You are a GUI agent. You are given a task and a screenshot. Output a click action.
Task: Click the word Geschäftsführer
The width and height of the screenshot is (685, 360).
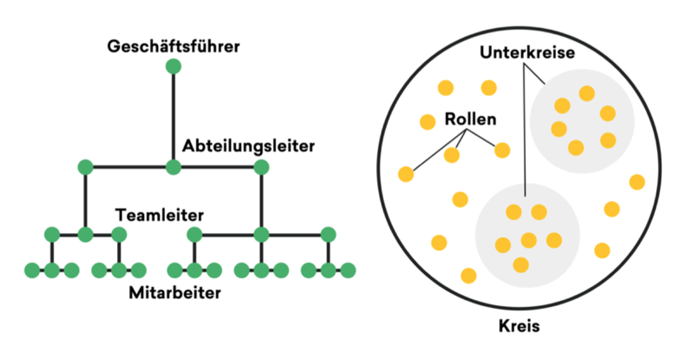[174, 46]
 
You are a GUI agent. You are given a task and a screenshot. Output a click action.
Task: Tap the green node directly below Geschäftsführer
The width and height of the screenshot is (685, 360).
[174, 66]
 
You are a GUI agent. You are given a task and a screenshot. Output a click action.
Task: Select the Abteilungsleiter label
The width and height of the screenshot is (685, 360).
[248, 146]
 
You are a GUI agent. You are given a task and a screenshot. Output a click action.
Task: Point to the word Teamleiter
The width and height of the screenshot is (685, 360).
[159, 215]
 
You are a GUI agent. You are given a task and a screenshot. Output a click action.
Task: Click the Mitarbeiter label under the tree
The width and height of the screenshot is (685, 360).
[174, 293]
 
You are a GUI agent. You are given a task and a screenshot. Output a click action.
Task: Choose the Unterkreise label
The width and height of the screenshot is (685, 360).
[527, 53]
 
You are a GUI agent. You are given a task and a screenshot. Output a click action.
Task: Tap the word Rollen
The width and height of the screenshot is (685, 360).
[470, 119]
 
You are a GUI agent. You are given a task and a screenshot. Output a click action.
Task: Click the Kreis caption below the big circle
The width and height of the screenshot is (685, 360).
[519, 326]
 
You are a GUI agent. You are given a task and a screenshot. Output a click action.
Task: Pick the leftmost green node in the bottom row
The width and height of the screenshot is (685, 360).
[32, 270]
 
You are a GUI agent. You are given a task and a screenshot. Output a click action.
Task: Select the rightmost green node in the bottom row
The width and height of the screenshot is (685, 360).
[348, 270]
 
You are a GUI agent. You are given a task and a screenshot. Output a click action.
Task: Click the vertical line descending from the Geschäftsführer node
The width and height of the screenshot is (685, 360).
[174, 117]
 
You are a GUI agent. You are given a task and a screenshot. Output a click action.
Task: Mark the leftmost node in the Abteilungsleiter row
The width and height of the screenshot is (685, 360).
[85, 167]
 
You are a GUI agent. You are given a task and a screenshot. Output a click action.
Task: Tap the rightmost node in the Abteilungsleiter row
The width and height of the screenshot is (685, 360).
[262, 167]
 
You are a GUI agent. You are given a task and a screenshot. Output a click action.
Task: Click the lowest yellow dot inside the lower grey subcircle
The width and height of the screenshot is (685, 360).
[521, 265]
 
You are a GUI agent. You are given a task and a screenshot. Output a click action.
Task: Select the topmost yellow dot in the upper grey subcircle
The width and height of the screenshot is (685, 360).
[587, 93]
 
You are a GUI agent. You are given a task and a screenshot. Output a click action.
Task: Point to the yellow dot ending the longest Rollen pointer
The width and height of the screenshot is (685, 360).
[406, 174]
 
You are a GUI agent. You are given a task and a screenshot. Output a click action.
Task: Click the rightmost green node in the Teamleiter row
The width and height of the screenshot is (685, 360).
[329, 235]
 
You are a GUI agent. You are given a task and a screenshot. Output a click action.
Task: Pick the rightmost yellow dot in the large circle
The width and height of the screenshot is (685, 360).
[637, 182]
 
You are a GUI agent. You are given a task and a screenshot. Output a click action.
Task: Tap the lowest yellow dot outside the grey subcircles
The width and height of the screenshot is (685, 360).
[468, 276]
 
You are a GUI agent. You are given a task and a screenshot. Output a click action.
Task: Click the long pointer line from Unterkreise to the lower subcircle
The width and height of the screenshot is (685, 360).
[524, 130]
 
